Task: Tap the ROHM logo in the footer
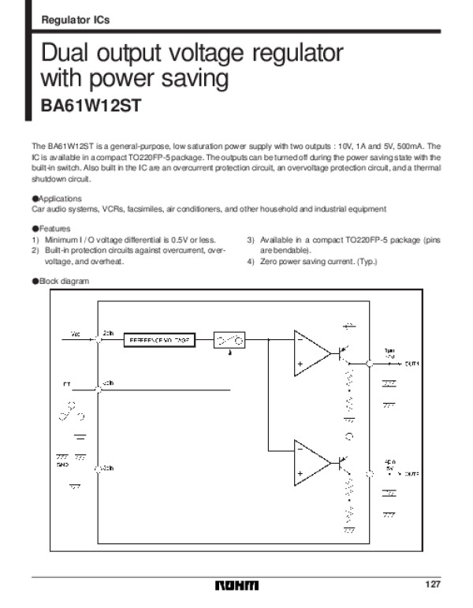tap(236, 585)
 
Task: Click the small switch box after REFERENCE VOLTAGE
tap(229, 340)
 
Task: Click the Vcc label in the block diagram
tap(76, 334)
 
